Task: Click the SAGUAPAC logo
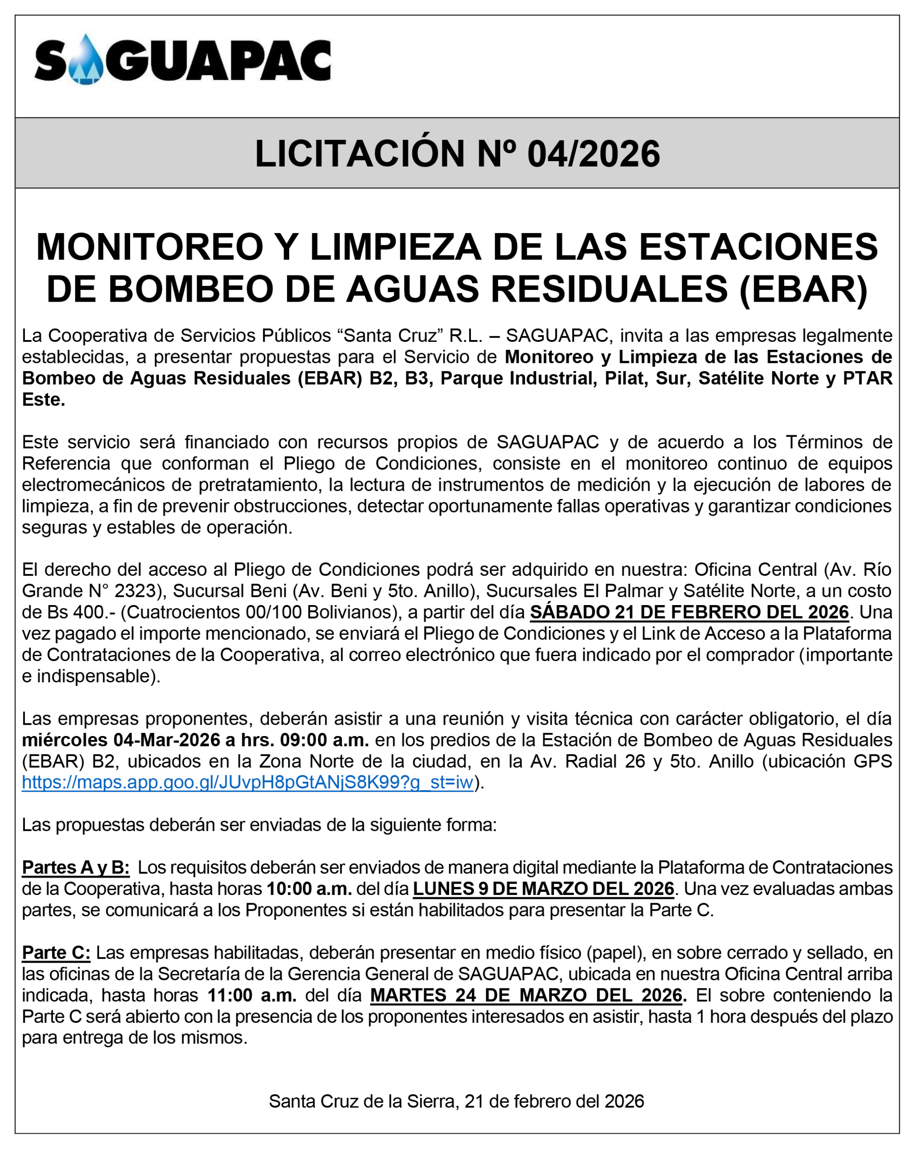point(183,60)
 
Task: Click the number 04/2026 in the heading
point(593,154)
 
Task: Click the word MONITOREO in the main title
point(150,247)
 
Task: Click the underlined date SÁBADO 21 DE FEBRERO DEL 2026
point(689,612)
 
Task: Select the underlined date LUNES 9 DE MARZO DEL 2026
point(543,889)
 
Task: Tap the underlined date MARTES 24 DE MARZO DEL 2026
point(528,995)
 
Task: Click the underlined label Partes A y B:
point(75,867)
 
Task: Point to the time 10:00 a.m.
point(310,889)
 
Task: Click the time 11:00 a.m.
point(252,995)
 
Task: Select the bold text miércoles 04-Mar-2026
point(121,740)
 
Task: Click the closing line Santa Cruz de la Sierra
point(362,1101)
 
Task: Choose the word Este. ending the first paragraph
point(43,400)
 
